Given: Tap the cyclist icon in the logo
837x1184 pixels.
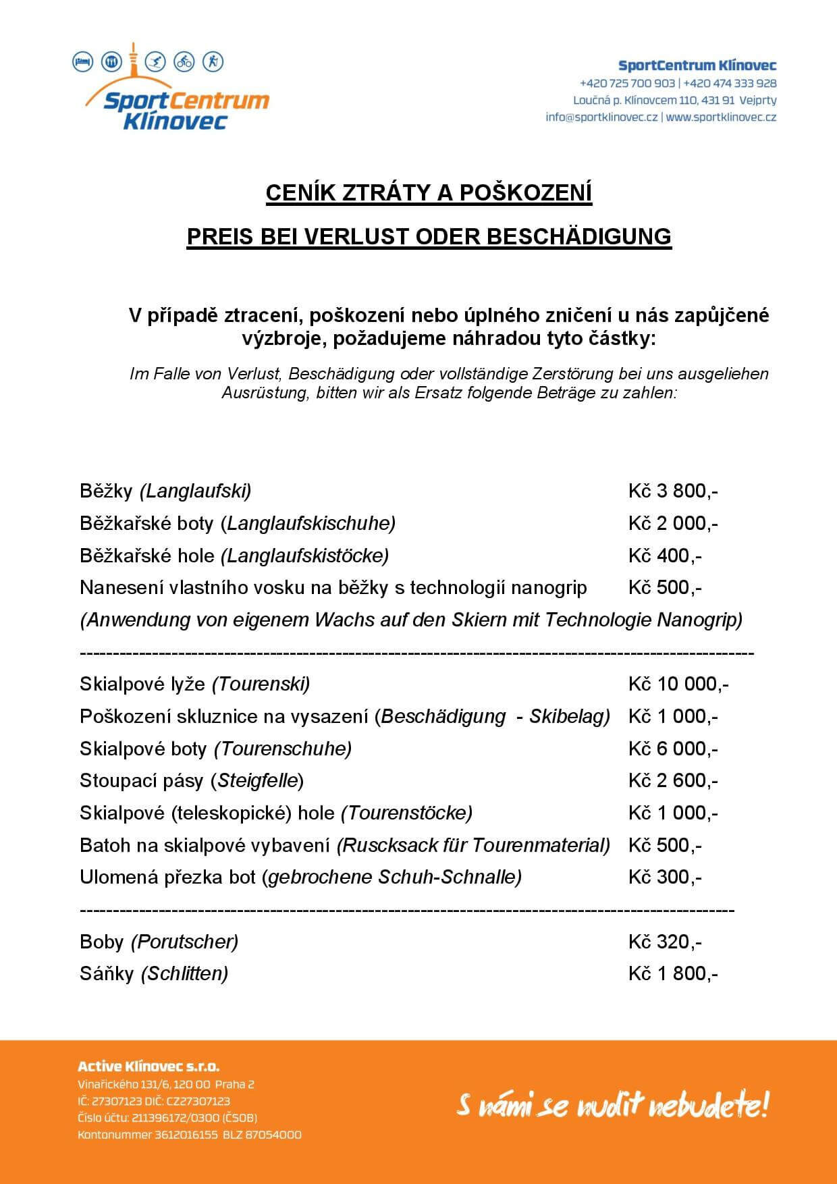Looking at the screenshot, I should (184, 62).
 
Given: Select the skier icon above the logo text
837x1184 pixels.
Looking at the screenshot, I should (157, 62).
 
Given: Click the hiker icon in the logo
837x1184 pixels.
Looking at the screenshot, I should (213, 62).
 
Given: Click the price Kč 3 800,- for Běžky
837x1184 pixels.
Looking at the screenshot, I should (672, 491).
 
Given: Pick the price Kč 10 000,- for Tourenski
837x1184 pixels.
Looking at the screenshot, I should (678, 684).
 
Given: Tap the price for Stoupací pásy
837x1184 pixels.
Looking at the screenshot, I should (672, 781).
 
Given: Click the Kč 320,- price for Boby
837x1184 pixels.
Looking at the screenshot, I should (664, 942).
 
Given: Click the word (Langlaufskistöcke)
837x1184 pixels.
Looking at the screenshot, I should (305, 556).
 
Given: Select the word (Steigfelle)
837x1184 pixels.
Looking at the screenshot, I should (257, 781).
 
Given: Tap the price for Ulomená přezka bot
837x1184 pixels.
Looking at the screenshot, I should (664, 878).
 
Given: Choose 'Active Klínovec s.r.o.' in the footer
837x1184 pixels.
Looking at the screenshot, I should (148, 1067).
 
